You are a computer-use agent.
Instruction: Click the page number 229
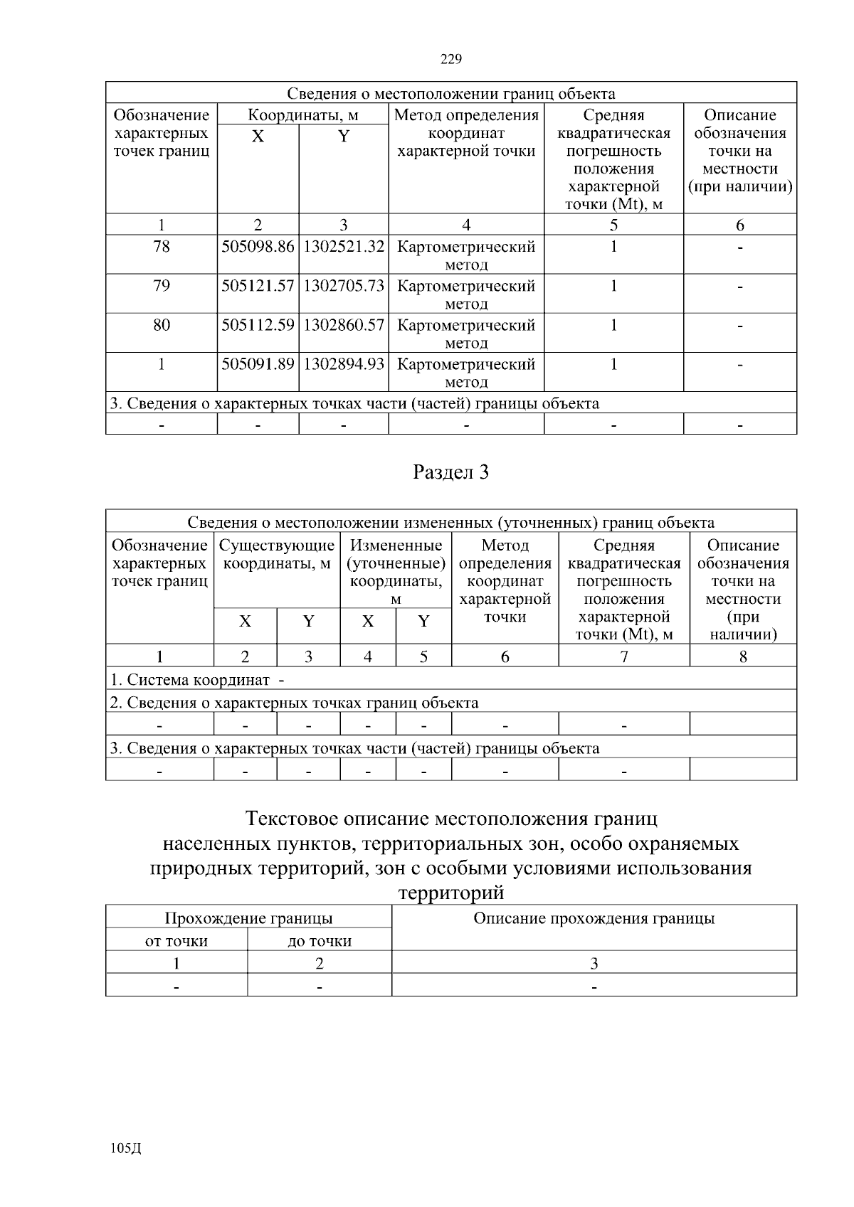(450, 59)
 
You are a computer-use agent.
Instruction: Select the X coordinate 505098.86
(258, 247)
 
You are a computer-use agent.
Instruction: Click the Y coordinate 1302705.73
(344, 286)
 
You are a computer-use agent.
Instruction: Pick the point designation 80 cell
(162, 325)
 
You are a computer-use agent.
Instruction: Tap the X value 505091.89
(258, 364)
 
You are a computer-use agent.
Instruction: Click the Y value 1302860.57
(344, 325)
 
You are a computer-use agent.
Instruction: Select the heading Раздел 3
(450, 472)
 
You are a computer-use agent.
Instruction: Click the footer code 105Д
(126, 1148)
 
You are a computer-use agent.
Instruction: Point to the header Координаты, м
(302, 115)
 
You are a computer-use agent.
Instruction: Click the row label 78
(162, 247)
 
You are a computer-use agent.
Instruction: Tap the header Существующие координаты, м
(277, 555)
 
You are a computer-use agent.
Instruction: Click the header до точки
(320, 941)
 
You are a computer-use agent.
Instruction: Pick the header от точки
(176, 941)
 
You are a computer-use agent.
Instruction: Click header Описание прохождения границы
(594, 918)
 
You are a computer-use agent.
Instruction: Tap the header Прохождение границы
(248, 918)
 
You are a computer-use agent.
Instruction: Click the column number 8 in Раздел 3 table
(742, 656)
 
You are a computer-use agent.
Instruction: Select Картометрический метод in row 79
(465, 294)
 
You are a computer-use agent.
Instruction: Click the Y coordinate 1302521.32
(344, 247)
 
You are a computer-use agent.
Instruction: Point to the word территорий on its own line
(450, 893)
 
